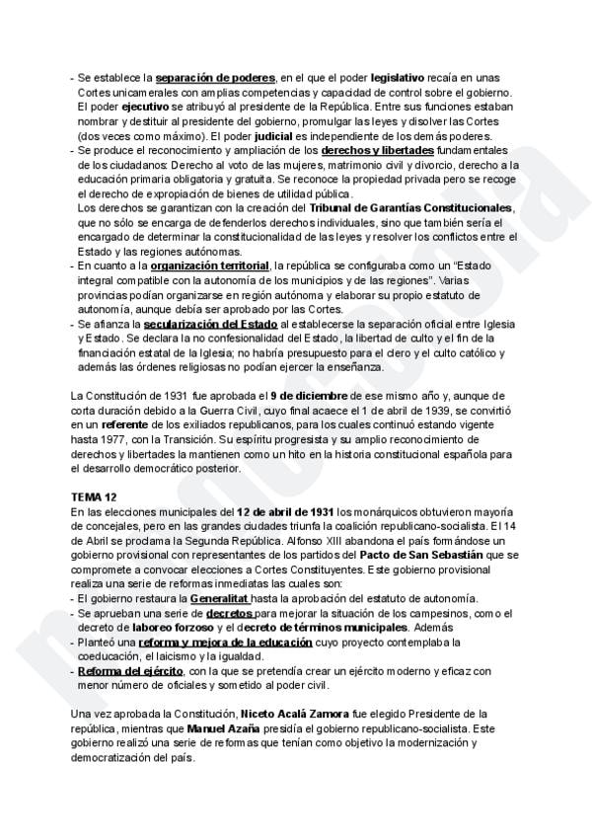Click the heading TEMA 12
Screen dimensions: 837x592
click(94, 495)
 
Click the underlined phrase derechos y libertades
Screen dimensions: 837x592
click(377, 150)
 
